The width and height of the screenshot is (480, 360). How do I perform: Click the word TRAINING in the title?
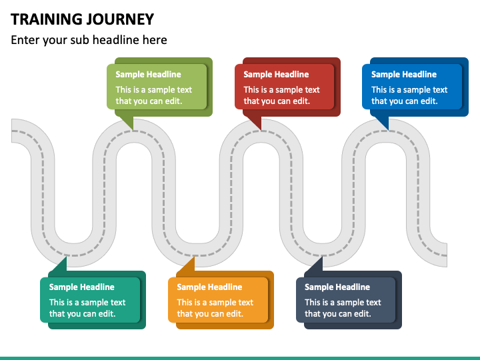click(x=46, y=19)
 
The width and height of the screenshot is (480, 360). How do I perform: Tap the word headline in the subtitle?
click(x=116, y=40)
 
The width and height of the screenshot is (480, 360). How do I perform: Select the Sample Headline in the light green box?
click(x=148, y=75)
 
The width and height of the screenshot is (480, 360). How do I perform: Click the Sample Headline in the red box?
click(x=276, y=75)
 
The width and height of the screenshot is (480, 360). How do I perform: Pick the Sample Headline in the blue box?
click(x=404, y=75)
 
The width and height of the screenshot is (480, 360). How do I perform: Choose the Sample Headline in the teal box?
click(x=82, y=287)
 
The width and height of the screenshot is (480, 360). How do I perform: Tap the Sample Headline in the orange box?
click(x=209, y=287)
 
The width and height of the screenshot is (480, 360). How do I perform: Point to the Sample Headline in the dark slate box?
click(x=337, y=287)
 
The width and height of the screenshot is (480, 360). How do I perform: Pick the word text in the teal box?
click(x=117, y=303)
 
